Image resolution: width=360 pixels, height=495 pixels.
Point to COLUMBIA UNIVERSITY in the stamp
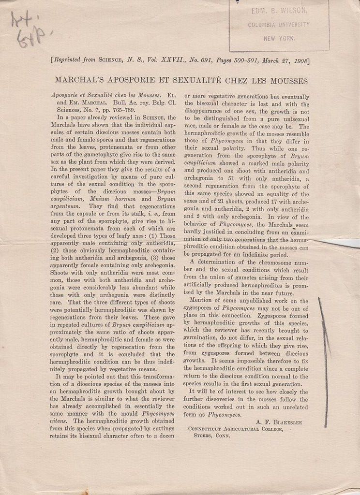tap(279, 25)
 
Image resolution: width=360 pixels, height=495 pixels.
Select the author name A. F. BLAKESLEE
tap(278, 422)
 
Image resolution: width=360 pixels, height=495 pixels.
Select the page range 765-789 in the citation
tap(111, 110)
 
